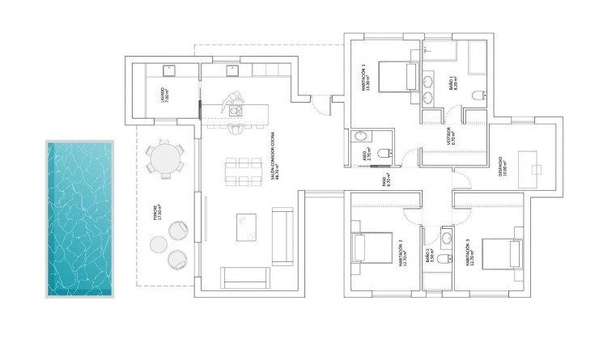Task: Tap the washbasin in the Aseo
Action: point(360,138)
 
